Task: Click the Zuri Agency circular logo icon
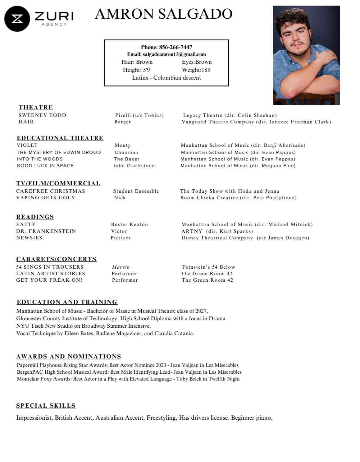click(17, 19)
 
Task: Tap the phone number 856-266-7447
click(175, 47)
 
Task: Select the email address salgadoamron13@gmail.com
click(174, 54)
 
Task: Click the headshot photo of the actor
click(306, 55)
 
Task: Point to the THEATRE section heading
click(36, 108)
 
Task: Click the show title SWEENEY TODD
click(42, 115)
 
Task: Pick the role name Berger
click(122, 122)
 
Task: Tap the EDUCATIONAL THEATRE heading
click(60, 138)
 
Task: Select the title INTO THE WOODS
click(40, 159)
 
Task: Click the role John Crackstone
click(134, 166)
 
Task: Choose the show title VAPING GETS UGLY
click(46, 198)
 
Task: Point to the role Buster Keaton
click(129, 224)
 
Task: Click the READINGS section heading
click(35, 217)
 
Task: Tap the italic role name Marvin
click(121, 267)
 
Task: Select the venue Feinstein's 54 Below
click(208, 267)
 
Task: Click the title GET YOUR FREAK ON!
click(49, 280)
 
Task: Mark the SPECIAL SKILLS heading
click(46, 406)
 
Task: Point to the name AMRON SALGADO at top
click(164, 14)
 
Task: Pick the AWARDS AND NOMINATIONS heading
click(69, 357)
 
